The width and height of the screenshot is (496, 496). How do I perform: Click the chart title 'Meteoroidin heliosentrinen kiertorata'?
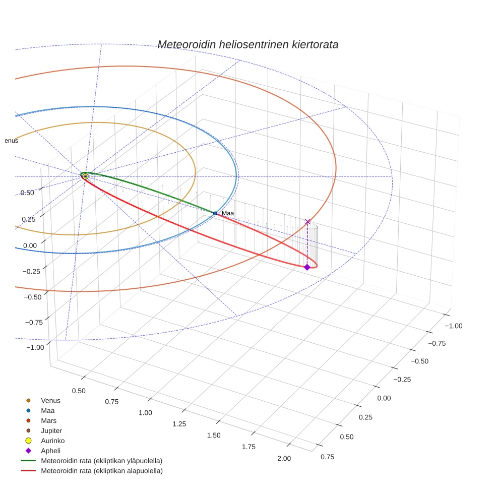pos(247,44)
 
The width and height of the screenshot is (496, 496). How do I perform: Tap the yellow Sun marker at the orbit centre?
pos(85,176)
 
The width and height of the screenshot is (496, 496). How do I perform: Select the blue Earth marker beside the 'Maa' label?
pos(215,213)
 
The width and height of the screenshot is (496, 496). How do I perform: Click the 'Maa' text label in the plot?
pos(228,213)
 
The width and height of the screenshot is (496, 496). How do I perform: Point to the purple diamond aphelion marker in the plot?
pos(307,267)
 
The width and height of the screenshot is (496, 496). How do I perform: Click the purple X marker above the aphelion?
pos(307,222)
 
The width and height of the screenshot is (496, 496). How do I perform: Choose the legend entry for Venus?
pos(50,400)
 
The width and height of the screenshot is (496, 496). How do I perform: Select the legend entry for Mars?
pos(48,420)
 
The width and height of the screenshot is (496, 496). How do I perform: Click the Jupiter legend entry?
pos(51,430)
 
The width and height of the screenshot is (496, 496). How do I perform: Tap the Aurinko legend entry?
pos(52,441)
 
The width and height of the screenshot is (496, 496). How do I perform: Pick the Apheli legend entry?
pos(50,451)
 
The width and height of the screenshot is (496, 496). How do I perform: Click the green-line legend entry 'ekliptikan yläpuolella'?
pos(101,461)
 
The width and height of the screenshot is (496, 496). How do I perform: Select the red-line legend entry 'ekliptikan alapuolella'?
pos(101,471)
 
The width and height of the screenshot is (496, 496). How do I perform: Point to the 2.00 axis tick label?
pos(284,458)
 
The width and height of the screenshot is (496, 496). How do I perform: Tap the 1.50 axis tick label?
pos(214,435)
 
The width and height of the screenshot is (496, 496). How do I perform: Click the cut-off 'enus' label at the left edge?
pos(11,141)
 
